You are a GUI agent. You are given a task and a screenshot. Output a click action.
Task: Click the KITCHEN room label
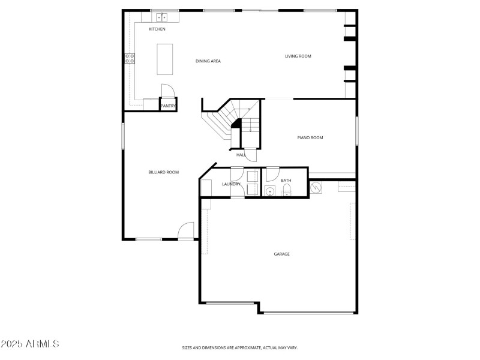[157, 29]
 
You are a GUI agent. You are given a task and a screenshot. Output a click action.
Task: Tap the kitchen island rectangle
[165, 59]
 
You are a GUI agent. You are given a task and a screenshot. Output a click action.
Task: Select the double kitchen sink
[161, 17]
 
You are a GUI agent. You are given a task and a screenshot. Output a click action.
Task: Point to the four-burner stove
[130, 58]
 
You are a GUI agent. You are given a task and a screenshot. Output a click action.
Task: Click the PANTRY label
[168, 106]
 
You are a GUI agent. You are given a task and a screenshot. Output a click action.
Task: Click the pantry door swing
[168, 91]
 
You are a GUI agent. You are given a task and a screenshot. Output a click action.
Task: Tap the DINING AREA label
[208, 61]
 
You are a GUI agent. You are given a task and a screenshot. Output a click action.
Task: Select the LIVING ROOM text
[298, 56]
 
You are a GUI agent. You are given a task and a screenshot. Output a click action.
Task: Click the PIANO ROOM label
[310, 138]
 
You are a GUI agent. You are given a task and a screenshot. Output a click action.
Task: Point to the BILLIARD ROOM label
[164, 173]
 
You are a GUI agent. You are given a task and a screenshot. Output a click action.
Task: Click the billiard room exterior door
[187, 231]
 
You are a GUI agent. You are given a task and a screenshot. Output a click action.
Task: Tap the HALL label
[241, 155]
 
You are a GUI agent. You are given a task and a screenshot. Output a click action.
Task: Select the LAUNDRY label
[231, 184]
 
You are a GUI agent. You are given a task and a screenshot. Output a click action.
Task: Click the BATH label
[286, 181]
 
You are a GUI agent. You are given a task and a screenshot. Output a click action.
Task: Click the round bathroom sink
[271, 192]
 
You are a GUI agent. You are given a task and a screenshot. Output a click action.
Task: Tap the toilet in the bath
[286, 191]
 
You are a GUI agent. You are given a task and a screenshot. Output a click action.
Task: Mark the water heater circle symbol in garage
[316, 188]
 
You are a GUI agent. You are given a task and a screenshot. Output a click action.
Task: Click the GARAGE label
[282, 254]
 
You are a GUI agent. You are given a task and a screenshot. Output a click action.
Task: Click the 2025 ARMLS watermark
[30, 344]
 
